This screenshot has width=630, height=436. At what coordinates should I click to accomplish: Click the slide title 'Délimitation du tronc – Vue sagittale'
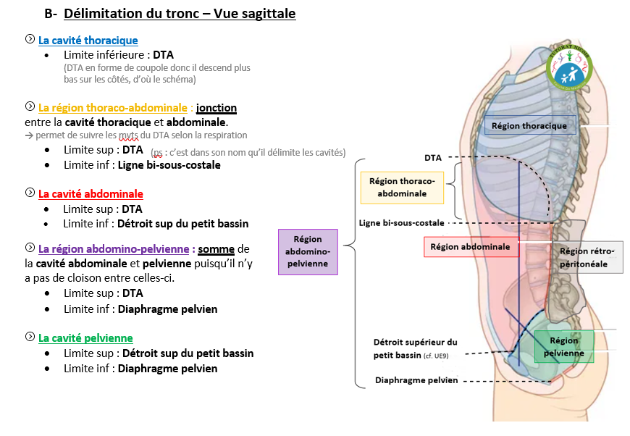pos(179,14)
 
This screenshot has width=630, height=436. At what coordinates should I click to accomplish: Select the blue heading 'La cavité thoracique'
pos(88,41)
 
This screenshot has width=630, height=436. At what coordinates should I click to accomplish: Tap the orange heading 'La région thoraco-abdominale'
pos(112,108)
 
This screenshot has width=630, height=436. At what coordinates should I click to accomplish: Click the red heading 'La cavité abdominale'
pos(91,194)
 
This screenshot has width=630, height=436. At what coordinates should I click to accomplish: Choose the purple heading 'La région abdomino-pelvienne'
pos(115,248)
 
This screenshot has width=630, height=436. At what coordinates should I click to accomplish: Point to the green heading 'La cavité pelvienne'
pos(85,338)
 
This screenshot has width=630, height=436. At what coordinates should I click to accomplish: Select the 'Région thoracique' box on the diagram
pos(529,126)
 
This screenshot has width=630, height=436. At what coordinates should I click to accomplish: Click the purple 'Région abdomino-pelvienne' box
pos(308,251)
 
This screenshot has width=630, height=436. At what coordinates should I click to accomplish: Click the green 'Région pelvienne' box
pos(564,347)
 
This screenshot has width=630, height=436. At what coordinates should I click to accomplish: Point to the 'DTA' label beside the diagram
pos(433,157)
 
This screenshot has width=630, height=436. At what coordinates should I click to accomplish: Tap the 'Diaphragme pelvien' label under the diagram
pos(416,381)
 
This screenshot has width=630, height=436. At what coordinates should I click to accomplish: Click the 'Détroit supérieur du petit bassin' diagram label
pos(415,348)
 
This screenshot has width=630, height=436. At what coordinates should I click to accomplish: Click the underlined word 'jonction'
pos(217,108)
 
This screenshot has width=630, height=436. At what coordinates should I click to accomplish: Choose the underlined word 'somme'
pos(217,248)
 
